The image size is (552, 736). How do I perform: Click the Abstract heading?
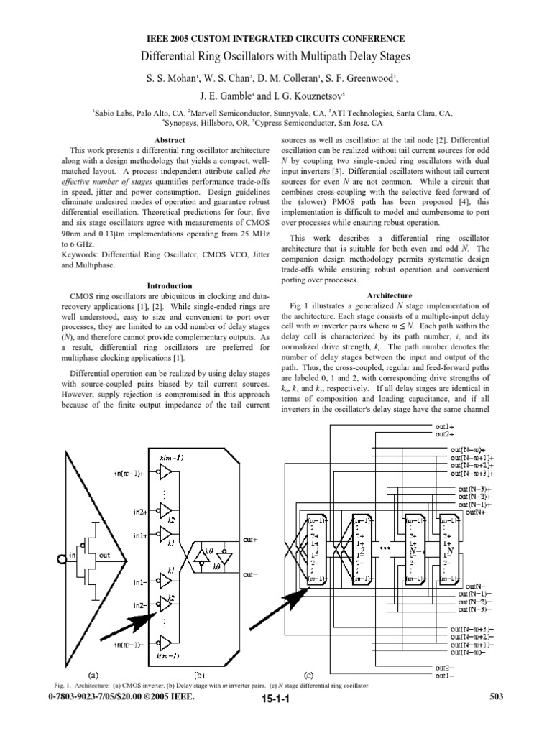[170, 139]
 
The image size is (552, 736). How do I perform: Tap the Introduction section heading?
[170, 285]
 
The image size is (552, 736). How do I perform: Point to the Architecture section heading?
[390, 295]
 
